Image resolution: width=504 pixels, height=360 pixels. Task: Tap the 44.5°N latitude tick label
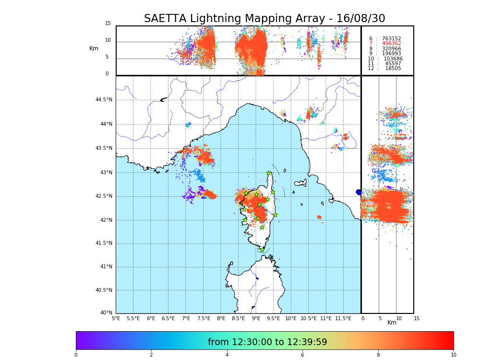click(x=104, y=100)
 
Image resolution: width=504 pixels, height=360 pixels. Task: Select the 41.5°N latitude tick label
click(x=104, y=243)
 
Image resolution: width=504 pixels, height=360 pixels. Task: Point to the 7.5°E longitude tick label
click(x=204, y=318)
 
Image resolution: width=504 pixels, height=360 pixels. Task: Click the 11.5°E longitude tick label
click(x=343, y=318)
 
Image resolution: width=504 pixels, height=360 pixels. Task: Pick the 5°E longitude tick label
click(x=116, y=318)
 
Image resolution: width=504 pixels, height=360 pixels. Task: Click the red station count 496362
click(x=391, y=44)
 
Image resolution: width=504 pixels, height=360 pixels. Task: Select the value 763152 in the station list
click(x=391, y=39)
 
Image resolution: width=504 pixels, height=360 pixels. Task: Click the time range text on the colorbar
click(x=267, y=342)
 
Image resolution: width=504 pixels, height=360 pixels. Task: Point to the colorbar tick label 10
click(x=453, y=355)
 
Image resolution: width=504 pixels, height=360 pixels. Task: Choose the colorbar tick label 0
click(x=76, y=355)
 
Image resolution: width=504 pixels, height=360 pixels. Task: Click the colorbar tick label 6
click(x=302, y=355)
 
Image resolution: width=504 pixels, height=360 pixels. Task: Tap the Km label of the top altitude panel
click(x=94, y=48)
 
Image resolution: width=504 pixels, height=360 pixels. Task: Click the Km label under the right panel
click(x=392, y=323)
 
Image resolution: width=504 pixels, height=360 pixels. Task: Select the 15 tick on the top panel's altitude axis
click(x=108, y=24)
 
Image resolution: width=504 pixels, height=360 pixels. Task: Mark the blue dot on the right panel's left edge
click(x=359, y=192)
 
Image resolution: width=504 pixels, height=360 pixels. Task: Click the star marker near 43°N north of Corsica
click(x=269, y=173)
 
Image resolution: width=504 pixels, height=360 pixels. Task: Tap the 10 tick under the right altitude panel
click(x=398, y=318)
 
